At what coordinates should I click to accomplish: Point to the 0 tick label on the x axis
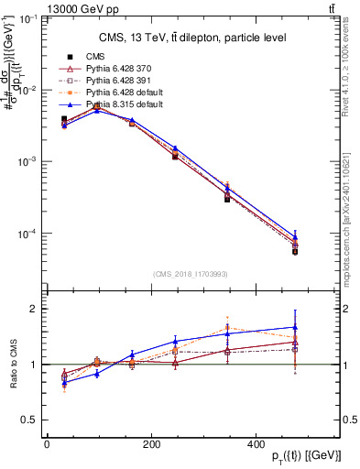(x=47, y=444)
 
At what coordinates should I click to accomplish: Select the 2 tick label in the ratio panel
(x=34, y=309)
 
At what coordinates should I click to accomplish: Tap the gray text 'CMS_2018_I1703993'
(x=191, y=273)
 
